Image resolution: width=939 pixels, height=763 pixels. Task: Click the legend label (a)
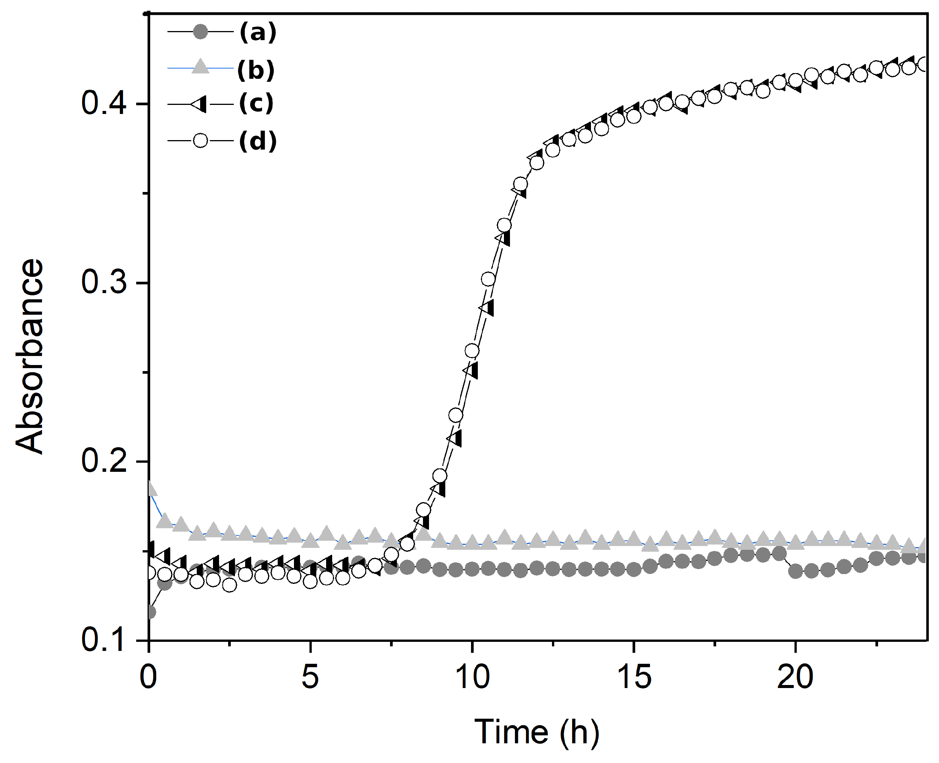pyautogui.click(x=258, y=33)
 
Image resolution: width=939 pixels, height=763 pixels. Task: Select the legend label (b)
pyautogui.click(x=256, y=70)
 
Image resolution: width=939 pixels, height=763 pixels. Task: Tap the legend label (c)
pyautogui.click(x=256, y=104)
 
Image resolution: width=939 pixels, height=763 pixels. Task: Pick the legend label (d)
pyautogui.click(x=258, y=141)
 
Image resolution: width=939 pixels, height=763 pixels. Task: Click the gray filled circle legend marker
pyautogui.click(x=200, y=32)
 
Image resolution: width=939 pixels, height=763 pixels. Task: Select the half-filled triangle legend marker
pyautogui.click(x=200, y=104)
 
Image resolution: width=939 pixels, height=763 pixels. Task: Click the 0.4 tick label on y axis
pyautogui.click(x=104, y=104)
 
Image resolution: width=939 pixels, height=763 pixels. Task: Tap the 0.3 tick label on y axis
pyautogui.click(x=104, y=282)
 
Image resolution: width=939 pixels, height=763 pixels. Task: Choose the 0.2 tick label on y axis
pyautogui.click(x=104, y=462)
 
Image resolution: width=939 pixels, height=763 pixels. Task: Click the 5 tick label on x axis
pyautogui.click(x=310, y=677)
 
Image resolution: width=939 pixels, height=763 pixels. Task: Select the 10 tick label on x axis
pyautogui.click(x=472, y=677)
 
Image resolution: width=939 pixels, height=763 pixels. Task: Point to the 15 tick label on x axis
pyautogui.click(x=634, y=677)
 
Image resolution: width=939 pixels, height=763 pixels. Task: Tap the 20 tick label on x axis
pyautogui.click(x=795, y=677)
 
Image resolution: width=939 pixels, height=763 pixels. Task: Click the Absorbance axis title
pyautogui.click(x=30, y=356)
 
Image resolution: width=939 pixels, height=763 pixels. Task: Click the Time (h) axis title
pyautogui.click(x=537, y=732)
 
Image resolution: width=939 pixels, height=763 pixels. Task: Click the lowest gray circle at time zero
pyautogui.click(x=150, y=612)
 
